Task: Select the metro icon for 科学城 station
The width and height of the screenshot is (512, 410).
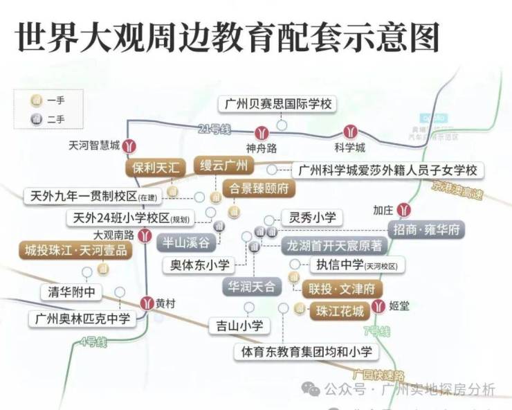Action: click(350, 132)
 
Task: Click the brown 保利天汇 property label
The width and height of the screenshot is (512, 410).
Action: click(156, 168)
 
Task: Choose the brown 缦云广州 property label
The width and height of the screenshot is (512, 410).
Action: click(223, 165)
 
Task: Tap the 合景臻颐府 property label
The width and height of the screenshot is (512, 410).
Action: click(259, 188)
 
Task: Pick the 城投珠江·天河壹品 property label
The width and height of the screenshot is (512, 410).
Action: click(75, 250)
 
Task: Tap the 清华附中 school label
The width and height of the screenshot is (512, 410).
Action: click(71, 292)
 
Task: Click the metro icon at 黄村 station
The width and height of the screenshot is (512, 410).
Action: click(147, 303)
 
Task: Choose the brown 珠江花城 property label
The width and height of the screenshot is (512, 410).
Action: click(339, 311)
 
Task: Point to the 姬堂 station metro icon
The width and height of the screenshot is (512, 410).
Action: click(379, 305)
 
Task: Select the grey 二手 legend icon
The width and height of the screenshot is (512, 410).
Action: click(33, 118)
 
